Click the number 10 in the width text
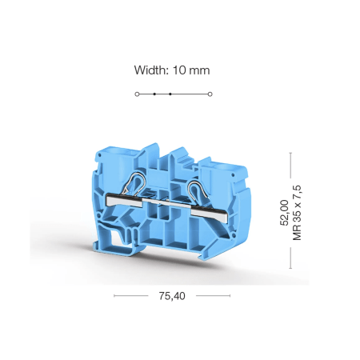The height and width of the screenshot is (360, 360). pos(179,70)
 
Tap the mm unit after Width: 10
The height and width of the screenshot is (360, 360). pos(199,71)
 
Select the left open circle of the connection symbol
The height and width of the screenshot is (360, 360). pos(137,94)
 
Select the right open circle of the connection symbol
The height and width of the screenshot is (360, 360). pos(210,94)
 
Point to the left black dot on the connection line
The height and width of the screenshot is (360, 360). pos(154,94)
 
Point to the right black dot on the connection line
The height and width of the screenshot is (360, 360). pos(170,94)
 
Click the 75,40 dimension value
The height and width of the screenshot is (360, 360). pos(172,296)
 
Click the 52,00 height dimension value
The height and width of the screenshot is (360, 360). pos(285,213)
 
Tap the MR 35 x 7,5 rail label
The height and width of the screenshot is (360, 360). pos(297,213)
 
